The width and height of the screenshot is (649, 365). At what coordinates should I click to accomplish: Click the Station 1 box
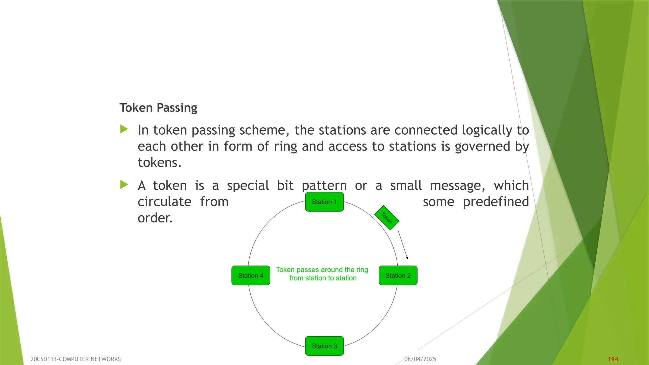point(324,202)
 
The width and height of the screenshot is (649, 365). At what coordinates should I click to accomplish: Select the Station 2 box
point(398,275)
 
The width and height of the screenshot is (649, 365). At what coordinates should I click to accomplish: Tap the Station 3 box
point(324,346)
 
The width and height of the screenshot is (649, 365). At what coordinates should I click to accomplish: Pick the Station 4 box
point(251,275)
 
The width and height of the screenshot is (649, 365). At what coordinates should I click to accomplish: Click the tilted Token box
point(387,218)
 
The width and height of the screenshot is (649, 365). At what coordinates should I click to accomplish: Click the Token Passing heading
point(158,108)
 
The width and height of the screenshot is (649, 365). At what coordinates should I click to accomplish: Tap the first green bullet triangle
point(124,129)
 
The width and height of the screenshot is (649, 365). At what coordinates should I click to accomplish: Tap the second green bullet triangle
point(124,185)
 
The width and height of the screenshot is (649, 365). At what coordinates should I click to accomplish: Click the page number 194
point(613,359)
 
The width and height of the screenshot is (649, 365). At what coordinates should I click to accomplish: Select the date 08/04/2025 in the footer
point(420,359)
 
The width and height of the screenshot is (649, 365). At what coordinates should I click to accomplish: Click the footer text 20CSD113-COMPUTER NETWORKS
point(75,359)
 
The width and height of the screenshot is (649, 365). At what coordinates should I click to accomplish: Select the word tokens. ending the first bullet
point(159,163)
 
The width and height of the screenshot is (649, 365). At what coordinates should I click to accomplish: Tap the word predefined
point(496,202)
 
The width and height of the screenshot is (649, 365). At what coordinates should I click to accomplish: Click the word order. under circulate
point(155,218)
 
